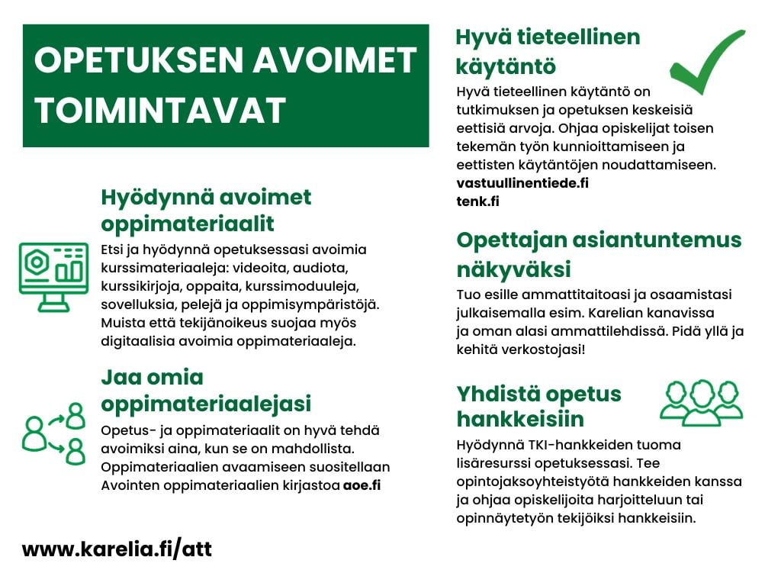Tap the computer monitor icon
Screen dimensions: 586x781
(53, 276)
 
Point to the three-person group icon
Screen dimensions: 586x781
(700, 402)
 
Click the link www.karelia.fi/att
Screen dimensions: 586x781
(117, 549)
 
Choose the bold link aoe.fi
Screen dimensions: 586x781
(362, 486)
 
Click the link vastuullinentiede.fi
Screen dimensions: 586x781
(522, 183)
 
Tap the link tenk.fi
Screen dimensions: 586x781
(477, 201)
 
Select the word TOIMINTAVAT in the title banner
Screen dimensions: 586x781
(160, 111)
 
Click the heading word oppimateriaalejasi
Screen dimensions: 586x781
(206, 403)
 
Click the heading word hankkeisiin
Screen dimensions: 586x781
(520, 419)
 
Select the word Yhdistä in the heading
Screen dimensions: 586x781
(498, 394)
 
